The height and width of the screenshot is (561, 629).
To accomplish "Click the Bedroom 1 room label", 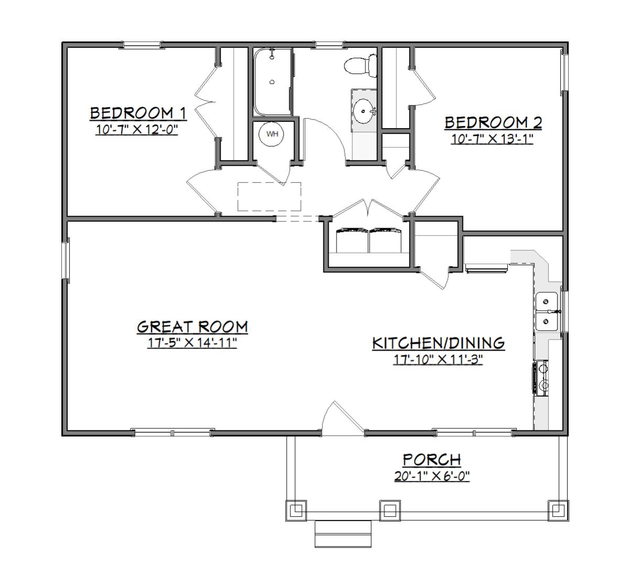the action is (x=138, y=113).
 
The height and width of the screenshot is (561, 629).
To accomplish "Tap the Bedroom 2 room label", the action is (x=493, y=122).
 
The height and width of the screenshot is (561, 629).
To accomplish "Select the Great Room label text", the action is (x=192, y=327).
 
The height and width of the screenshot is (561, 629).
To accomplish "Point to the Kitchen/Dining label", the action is (x=438, y=343).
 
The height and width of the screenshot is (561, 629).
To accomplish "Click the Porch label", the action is (x=431, y=460).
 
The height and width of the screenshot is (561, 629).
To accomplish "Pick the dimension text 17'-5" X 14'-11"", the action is (x=192, y=343).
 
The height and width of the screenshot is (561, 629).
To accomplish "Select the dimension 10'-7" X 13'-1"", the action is (x=492, y=139).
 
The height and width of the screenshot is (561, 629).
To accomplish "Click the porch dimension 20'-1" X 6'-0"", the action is (x=432, y=476).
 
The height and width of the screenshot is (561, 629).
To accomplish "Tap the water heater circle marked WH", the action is (x=272, y=134).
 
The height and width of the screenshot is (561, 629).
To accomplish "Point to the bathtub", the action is (x=273, y=82).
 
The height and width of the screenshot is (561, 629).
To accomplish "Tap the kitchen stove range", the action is (x=540, y=378).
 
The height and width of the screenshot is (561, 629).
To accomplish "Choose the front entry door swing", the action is (x=342, y=417).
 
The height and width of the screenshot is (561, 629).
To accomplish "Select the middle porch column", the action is (x=390, y=510).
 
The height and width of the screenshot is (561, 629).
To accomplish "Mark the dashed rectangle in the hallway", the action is (x=269, y=196).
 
